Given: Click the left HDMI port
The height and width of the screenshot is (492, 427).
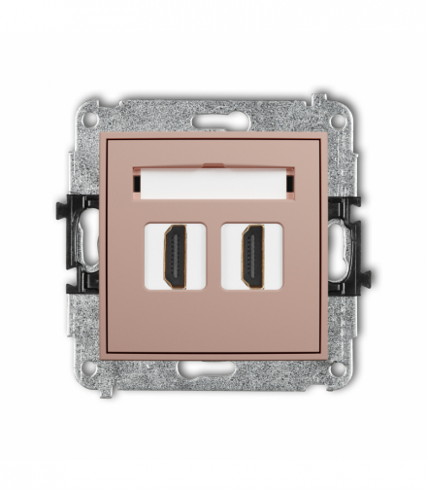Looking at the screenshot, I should pyautogui.click(x=176, y=257).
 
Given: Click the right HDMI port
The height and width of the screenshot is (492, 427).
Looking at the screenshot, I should pyautogui.click(x=252, y=257).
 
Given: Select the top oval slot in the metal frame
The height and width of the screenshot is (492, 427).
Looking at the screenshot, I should pyautogui.click(x=213, y=123).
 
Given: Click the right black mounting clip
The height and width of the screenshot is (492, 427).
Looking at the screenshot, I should pyautogui.click(x=347, y=243).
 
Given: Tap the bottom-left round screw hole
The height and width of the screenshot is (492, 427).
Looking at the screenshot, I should pyautogui.click(x=90, y=368).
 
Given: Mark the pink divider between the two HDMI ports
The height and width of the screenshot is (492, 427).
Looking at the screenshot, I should pyautogui.click(x=213, y=257).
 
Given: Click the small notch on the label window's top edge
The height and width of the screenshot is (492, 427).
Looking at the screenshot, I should pyautogui.click(x=213, y=165).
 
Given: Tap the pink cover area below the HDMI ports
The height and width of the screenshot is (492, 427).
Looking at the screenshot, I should pyautogui.click(x=213, y=321).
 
